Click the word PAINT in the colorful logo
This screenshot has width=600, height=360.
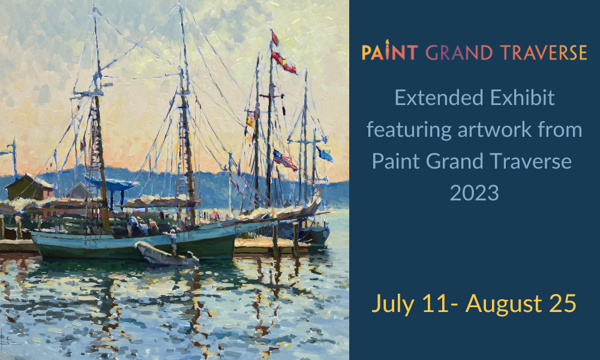click(389, 52)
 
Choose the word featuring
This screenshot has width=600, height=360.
click(409, 130)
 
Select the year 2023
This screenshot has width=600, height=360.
click(475, 193)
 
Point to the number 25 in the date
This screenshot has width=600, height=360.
click(563, 304)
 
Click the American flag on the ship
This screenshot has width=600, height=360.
click(284, 160)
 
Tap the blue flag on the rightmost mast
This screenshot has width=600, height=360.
click(325, 154)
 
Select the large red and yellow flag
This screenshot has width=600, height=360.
click(284, 62)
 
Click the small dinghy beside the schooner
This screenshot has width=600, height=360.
click(167, 254)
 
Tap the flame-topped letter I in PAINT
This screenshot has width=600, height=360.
click(388, 50)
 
